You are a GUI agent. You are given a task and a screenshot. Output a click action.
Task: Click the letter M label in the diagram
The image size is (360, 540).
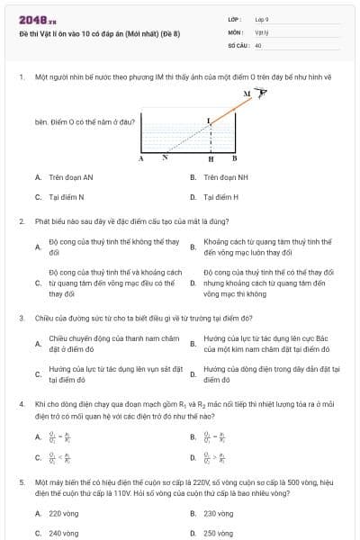[x=246, y=93]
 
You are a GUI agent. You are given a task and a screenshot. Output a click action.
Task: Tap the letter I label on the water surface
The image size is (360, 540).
[x=209, y=120]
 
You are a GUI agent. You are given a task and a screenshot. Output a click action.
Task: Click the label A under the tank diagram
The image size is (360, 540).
[x=141, y=158]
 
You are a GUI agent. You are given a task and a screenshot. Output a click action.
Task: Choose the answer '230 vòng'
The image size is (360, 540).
[x=219, y=513]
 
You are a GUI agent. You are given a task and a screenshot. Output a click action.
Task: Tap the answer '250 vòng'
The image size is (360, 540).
[x=219, y=533]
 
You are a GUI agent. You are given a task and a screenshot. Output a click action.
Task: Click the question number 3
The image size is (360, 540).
[x=22, y=318]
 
